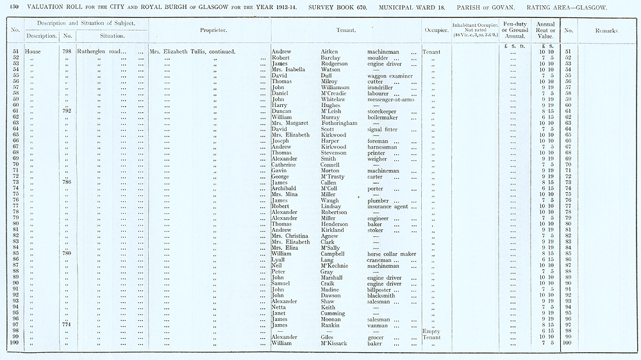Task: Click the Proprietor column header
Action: point(210,29)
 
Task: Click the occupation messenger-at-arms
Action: point(390,99)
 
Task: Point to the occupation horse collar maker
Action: point(391,254)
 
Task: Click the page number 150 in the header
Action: point(14,6)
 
